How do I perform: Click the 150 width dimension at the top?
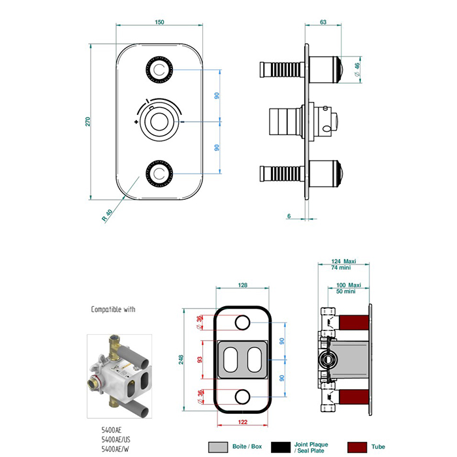[x=159, y=22]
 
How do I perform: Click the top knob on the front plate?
[x=159, y=69]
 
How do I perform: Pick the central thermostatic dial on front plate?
[x=159, y=121]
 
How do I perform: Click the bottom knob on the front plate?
[x=159, y=173]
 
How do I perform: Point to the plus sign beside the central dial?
[x=136, y=122]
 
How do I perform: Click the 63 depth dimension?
[x=323, y=22]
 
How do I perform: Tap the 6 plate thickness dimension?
[x=289, y=215]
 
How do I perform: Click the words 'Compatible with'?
[x=118, y=309]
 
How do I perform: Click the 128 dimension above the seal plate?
[x=242, y=285]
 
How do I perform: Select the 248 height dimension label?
[x=181, y=360]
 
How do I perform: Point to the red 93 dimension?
[x=200, y=359]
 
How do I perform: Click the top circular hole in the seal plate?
[x=242, y=322]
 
